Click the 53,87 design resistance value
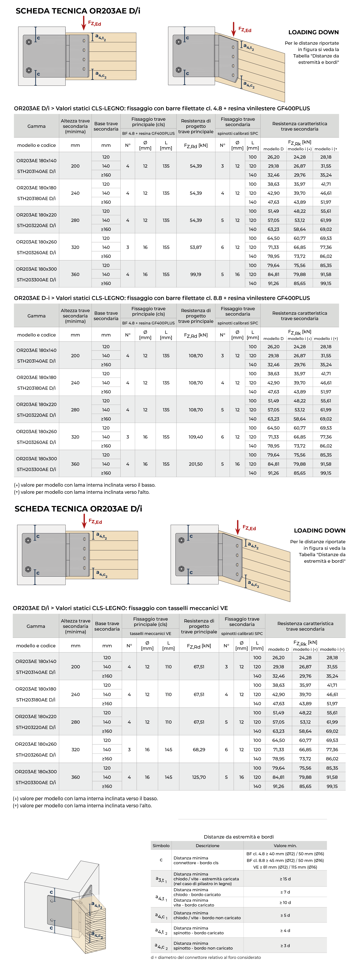click(196, 247)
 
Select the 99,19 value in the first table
click(196, 274)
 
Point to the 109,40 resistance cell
click(196, 437)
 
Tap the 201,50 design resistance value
click(196, 464)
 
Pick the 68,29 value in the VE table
click(199, 749)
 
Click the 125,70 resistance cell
click(199, 777)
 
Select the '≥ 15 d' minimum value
click(285, 879)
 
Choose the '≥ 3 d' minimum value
click(285, 945)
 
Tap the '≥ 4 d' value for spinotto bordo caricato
click(285, 930)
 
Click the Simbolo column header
click(161, 845)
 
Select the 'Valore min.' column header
click(285, 845)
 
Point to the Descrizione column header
click(207, 845)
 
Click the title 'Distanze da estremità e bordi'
click(239, 837)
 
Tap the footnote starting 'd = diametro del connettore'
click(206, 957)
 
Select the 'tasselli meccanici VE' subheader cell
click(150, 634)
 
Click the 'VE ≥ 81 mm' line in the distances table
click(285, 867)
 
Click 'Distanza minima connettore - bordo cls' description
click(196, 860)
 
